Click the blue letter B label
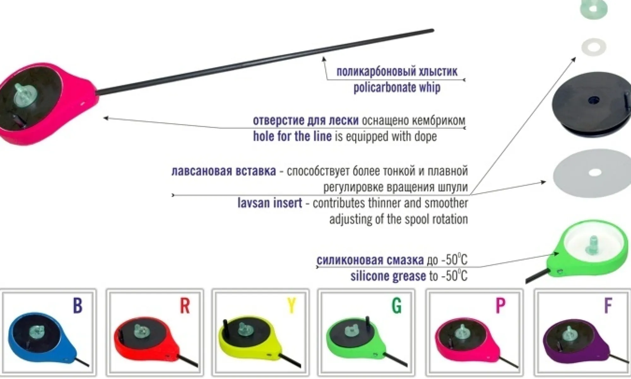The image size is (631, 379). (78, 305)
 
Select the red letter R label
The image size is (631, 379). (185, 305)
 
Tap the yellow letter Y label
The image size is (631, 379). (292, 305)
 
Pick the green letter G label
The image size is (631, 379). (397, 305)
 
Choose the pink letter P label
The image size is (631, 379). (500, 305)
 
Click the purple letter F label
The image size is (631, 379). (608, 305)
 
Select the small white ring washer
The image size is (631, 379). (594, 47)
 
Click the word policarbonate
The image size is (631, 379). (384, 88)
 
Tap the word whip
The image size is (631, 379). (429, 88)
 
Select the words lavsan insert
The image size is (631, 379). (270, 203)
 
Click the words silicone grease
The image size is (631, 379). (388, 276)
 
